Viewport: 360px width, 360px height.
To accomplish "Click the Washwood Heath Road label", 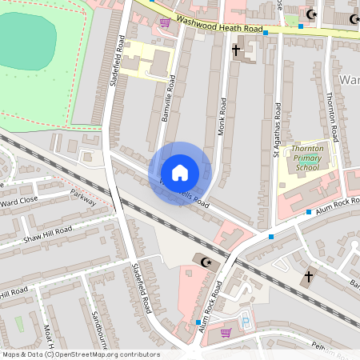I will pyautogui.click(x=219, y=25).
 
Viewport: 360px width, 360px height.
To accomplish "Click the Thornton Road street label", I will pyautogui.click(x=330, y=111).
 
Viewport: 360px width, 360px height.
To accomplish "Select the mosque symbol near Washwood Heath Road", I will pyautogui.click(x=312, y=15).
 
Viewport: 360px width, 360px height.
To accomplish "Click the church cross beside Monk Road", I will pyautogui.click(x=235, y=50).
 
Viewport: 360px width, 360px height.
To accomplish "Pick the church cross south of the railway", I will pyautogui.click(x=309, y=276).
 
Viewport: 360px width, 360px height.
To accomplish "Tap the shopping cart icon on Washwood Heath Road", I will pyautogui.click(x=165, y=22).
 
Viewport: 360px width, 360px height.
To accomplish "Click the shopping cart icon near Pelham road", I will pyautogui.click(x=226, y=333).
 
